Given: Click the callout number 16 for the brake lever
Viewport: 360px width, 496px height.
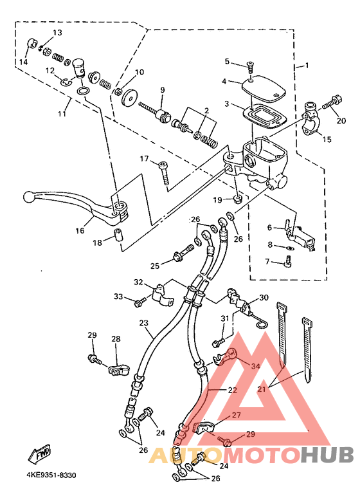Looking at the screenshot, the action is (80, 230).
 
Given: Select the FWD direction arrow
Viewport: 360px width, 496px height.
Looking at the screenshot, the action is (40, 455).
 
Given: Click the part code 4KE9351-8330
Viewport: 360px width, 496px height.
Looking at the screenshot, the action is (51, 475).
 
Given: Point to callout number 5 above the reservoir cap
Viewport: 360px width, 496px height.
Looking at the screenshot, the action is (228, 61).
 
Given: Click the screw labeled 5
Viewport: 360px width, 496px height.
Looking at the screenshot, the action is (250, 68).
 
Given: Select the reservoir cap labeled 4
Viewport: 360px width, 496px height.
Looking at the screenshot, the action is (264, 86).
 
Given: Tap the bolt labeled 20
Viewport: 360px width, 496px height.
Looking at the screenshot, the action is (330, 102).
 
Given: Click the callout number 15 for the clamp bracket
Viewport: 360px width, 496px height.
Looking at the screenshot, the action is (327, 139).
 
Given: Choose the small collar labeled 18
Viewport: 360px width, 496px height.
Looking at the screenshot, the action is (118, 234).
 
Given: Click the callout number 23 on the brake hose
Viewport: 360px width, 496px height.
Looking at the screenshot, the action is (144, 323).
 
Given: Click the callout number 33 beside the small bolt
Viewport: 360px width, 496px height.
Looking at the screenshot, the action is (118, 297).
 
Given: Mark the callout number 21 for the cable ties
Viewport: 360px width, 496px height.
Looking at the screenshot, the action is (262, 389).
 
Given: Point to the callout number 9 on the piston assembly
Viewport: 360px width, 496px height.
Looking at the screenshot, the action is (163, 90).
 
